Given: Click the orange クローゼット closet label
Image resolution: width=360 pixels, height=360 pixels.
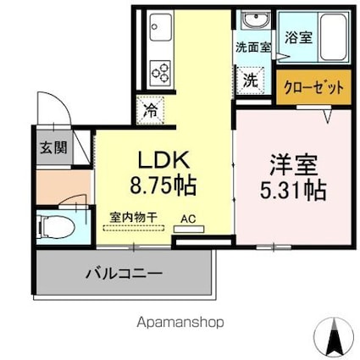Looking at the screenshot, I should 313,88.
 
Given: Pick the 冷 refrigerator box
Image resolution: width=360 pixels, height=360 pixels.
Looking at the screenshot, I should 149,108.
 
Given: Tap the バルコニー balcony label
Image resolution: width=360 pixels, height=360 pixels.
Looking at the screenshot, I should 123,274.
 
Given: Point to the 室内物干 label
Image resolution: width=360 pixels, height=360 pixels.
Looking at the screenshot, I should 134,218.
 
